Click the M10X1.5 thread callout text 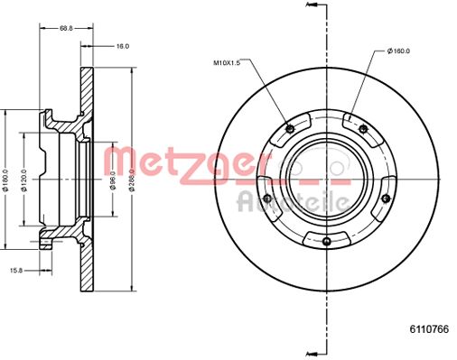227,63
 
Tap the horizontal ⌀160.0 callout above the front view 399,51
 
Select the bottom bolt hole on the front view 325,239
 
